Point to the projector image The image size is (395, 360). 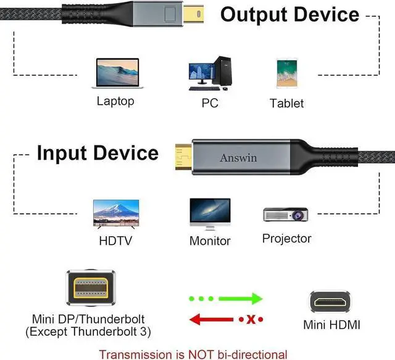pos(286,214)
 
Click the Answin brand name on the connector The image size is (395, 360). pos(238,158)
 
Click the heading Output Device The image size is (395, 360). pos(289,14)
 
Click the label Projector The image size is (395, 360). pos(286,238)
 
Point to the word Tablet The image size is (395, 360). pos(286,103)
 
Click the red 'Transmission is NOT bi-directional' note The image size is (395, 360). pos(193,354)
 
